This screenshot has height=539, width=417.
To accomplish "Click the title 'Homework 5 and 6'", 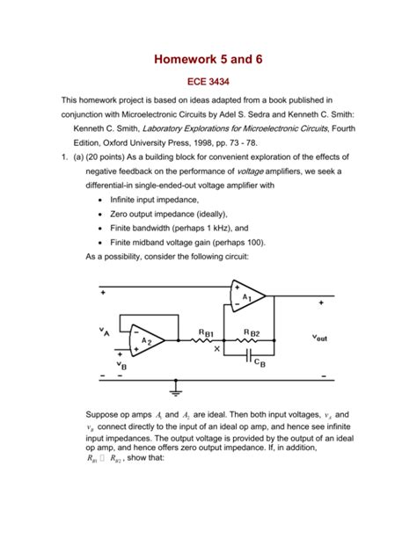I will [208, 59].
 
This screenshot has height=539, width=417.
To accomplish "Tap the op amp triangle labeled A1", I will [247, 297].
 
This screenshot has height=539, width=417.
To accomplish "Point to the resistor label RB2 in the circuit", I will [251, 332].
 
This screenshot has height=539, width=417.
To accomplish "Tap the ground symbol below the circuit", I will [177, 385].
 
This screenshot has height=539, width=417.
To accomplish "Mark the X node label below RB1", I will [217, 349].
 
